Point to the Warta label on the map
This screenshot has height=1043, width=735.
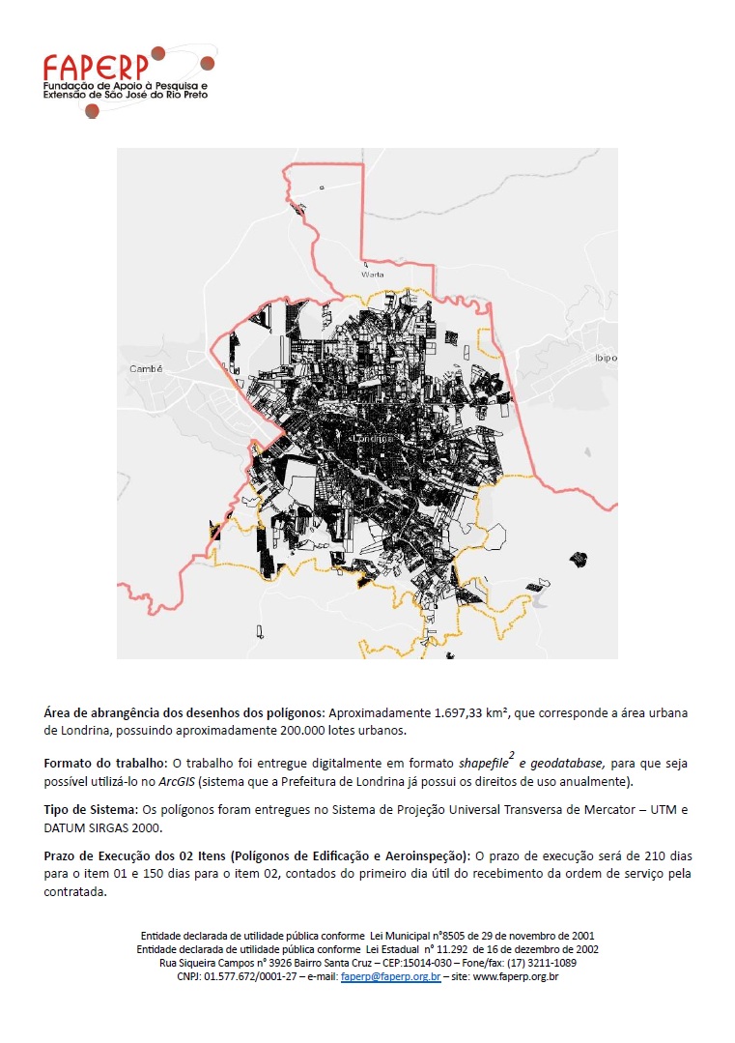[x=372, y=275]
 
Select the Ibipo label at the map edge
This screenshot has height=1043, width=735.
[x=607, y=357]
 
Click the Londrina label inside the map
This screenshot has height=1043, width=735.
[x=375, y=438]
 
